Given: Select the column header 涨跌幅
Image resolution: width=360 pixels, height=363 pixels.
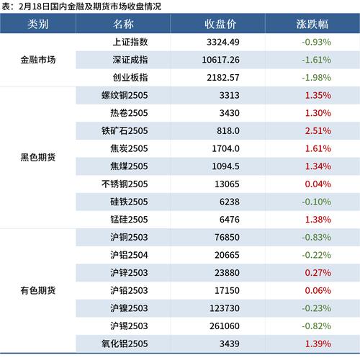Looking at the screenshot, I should point(312,23).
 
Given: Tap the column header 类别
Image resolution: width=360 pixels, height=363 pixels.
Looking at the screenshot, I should point(38,23).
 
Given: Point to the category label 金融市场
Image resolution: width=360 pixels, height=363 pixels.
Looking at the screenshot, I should point(38,60).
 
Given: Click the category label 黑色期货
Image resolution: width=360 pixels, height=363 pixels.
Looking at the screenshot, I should point(38,157).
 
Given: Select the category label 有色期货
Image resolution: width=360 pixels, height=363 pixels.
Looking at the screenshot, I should point(38,290).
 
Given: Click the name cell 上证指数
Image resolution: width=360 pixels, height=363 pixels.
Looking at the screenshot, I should point(130,42).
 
